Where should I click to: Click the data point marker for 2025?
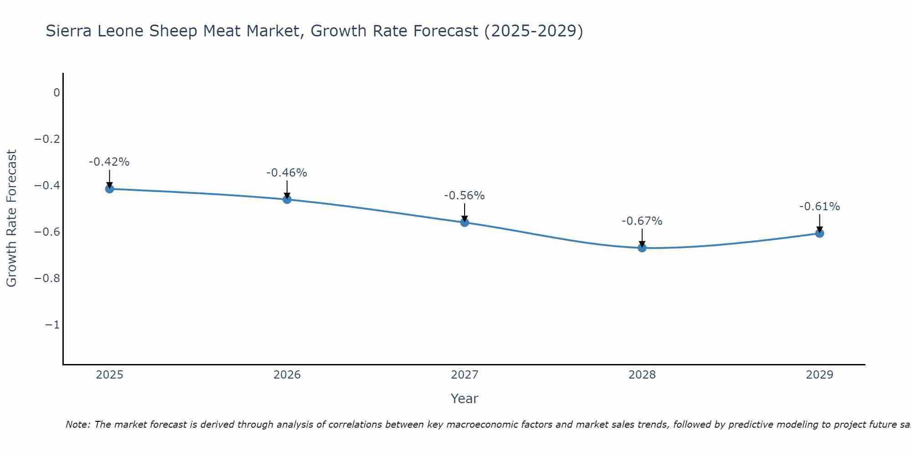(x=109, y=188)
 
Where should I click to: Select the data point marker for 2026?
(x=287, y=199)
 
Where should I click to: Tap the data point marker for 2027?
(x=465, y=222)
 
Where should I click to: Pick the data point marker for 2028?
(x=642, y=248)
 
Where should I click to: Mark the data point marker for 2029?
(x=819, y=233)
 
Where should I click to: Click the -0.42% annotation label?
(x=109, y=162)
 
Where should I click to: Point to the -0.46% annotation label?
(x=287, y=173)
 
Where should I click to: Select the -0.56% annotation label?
(x=465, y=196)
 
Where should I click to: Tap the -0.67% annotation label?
(x=642, y=221)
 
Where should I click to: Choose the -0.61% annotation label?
(x=819, y=207)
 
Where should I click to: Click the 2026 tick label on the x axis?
(x=287, y=375)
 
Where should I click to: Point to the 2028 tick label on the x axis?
(x=642, y=375)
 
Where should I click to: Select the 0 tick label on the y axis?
(x=56, y=93)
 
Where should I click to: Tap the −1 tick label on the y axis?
(x=52, y=325)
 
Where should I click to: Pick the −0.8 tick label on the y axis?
(x=47, y=278)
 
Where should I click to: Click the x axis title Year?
(x=465, y=399)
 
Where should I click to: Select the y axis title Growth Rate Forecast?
(x=12, y=218)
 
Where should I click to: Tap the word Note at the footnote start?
(x=78, y=425)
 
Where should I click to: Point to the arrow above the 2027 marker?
(x=465, y=212)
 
